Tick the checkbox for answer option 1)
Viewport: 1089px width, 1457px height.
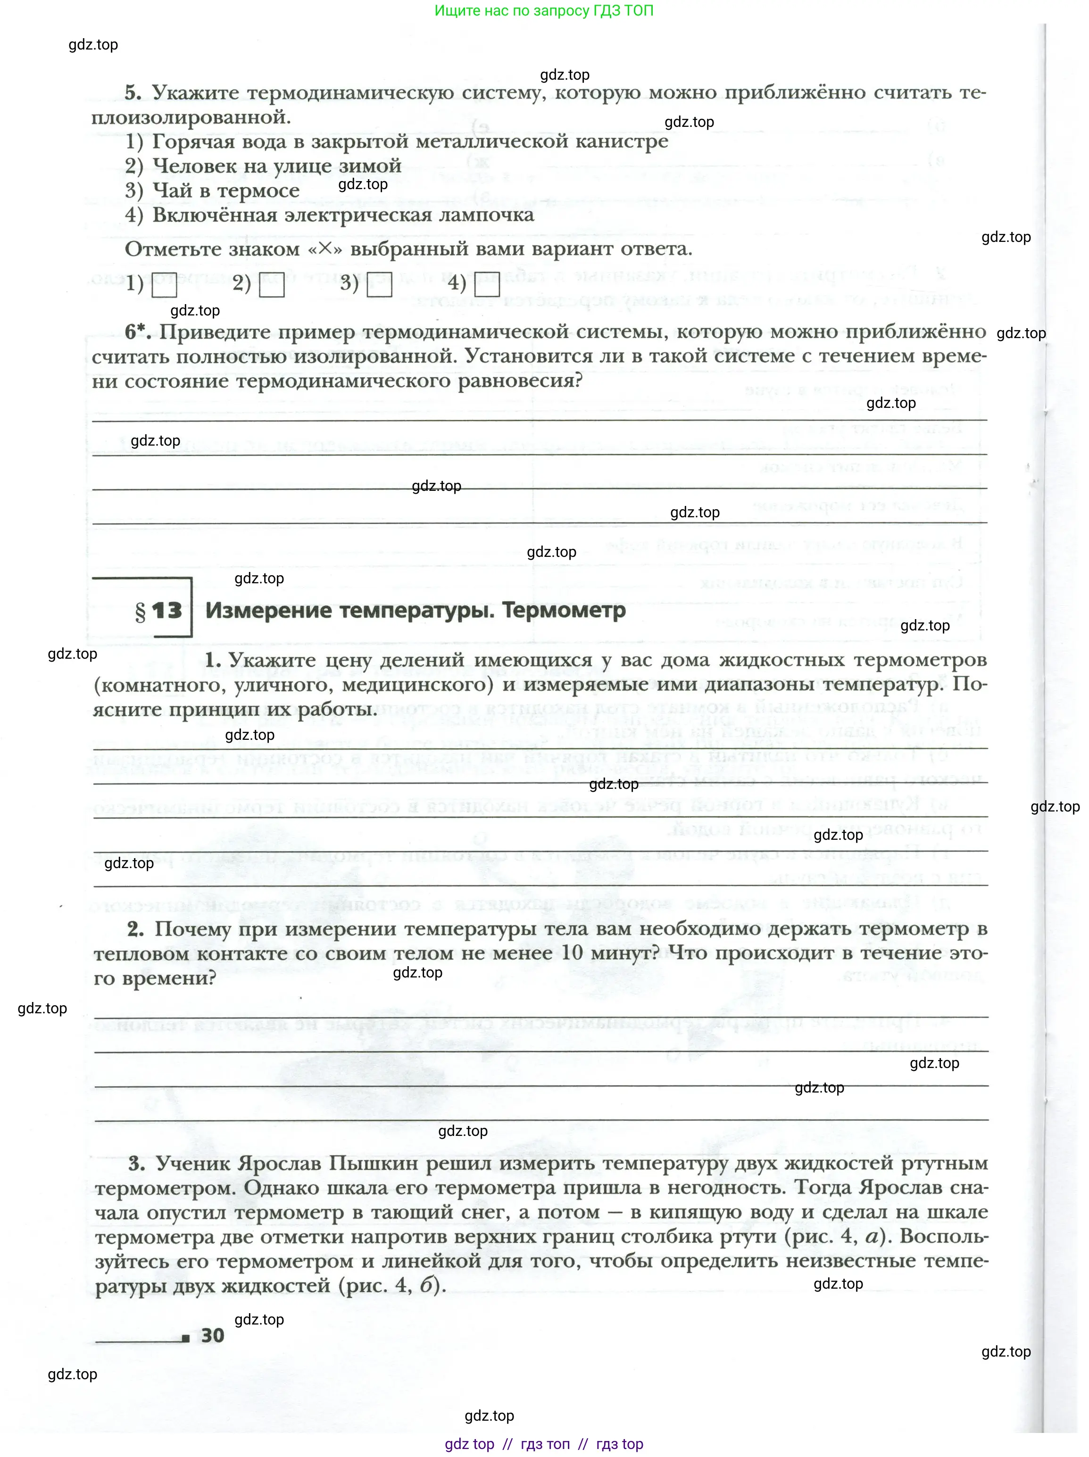(165, 285)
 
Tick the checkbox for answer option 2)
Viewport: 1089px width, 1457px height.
(272, 285)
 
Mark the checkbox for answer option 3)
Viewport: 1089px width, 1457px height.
(380, 285)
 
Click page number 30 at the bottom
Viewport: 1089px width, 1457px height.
(212, 1335)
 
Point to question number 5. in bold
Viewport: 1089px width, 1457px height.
(133, 93)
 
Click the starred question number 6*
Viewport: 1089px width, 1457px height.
(138, 332)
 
